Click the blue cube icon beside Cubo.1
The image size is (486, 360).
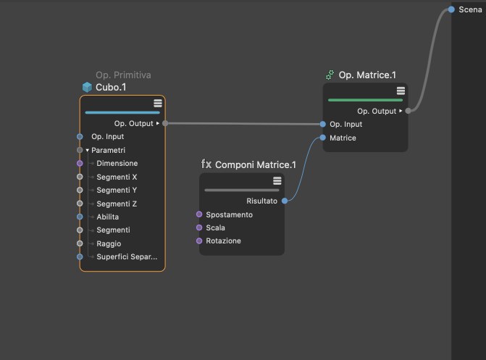tap(87, 87)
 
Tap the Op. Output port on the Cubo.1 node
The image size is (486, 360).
tap(165, 123)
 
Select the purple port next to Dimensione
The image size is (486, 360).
tap(80, 163)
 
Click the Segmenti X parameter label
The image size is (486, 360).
tap(117, 177)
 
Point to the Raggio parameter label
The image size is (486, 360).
tap(109, 243)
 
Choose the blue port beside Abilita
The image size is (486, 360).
tap(80, 217)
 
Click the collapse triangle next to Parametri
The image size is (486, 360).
tap(88, 151)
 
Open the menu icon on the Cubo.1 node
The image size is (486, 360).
tap(158, 104)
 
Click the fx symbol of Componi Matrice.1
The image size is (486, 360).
tap(206, 164)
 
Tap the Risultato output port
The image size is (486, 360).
tap(285, 201)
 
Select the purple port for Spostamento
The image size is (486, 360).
tap(199, 214)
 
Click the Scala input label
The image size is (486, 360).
tap(215, 227)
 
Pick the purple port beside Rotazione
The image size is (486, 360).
tap(199, 240)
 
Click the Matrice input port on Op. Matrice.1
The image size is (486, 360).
tap(322, 138)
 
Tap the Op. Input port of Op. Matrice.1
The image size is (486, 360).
tap(322, 124)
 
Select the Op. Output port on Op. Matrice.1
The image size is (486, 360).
tap(409, 111)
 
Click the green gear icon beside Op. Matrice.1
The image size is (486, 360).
tap(330, 75)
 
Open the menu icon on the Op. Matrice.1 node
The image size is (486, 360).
tap(401, 91)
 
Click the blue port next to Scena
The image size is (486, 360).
tap(451, 9)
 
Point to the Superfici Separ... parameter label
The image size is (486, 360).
tap(127, 256)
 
